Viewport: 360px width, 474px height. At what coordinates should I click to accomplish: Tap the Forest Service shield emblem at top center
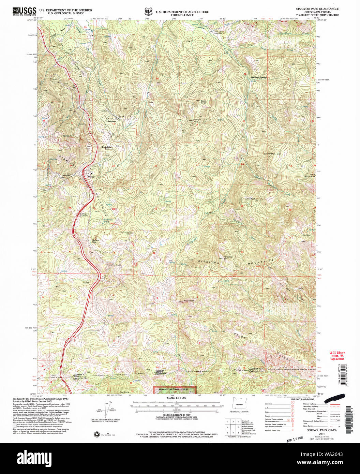coord(148,12)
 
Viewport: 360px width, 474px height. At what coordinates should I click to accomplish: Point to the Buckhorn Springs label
coord(259,77)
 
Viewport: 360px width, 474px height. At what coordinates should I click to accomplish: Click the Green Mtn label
coord(269,154)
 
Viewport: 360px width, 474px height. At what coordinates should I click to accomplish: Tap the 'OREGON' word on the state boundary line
coord(160,371)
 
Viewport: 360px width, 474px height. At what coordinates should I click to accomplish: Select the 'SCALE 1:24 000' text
coord(175,398)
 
